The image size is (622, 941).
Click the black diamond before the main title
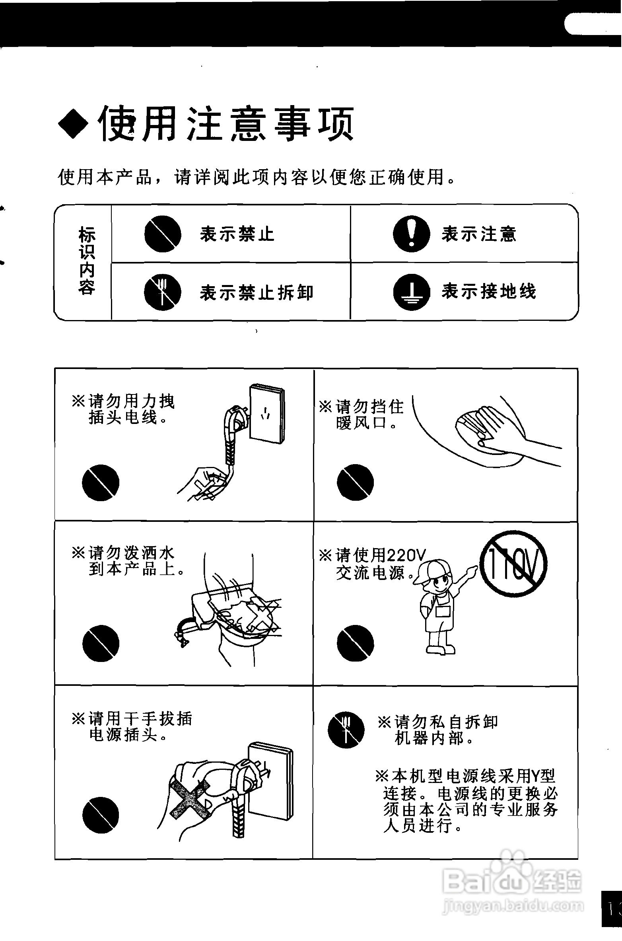tap(74, 123)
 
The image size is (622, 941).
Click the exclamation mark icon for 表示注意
tap(411, 234)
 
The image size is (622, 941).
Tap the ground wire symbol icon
tap(411, 293)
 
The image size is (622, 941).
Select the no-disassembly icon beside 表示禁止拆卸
tap(163, 293)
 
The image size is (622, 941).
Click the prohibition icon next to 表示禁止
tap(163, 234)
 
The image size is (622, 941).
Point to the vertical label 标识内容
tap(87, 261)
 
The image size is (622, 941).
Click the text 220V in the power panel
tap(406, 554)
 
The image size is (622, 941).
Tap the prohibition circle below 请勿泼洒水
tap(101, 644)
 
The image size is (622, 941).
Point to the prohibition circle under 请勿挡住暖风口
tap(355, 482)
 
